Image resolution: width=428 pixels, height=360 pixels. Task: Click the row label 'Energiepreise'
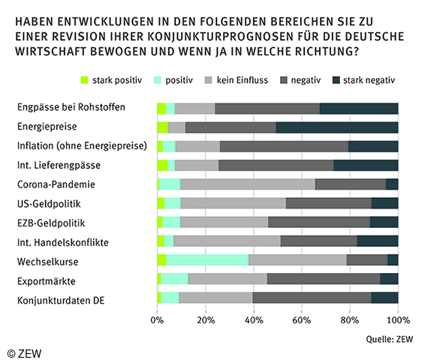point(47,127)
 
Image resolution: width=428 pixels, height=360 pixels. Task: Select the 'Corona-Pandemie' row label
point(55,184)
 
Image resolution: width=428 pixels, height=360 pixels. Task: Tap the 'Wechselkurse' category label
point(47,260)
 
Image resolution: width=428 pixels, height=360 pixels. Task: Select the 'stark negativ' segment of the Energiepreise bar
point(337,127)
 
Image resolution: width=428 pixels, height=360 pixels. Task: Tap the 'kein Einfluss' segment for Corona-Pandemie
point(248,184)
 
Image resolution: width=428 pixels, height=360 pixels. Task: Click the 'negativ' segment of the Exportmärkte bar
point(324,279)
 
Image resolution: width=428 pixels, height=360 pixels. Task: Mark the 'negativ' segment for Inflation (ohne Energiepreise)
point(284,145)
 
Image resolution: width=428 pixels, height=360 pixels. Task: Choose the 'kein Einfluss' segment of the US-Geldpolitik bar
point(234,203)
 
